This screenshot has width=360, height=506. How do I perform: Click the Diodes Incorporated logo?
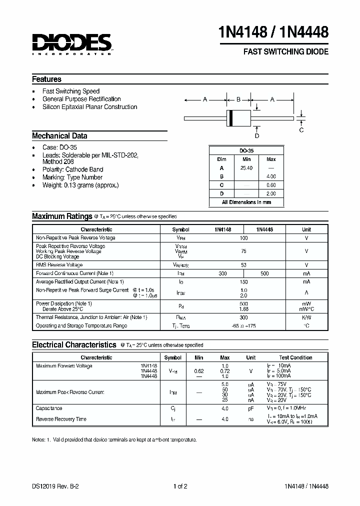tap(72, 44)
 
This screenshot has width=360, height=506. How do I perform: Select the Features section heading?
tap(46, 79)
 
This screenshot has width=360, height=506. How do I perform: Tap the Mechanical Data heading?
tap(59, 135)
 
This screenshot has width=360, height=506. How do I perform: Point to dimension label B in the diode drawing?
tap(238, 99)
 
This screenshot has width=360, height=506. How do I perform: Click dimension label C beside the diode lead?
tap(301, 130)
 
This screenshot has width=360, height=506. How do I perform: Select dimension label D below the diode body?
tap(257, 135)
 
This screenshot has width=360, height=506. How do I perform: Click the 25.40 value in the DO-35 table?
tap(246, 168)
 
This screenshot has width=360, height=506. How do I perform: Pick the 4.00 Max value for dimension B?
tap(271, 176)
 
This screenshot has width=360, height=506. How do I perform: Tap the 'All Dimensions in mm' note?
tap(246, 202)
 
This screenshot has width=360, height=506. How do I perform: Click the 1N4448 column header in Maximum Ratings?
tap(264, 229)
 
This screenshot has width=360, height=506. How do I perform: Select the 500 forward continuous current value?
tap(264, 273)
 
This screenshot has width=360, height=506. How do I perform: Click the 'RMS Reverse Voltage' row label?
tap(59, 264)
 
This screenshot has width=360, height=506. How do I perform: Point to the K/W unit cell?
tap(306, 317)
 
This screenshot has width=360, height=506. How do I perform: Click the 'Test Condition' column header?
tap(295, 357)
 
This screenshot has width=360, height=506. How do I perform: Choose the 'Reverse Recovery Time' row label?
tap(61, 419)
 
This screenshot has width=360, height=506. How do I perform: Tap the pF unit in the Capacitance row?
tap(251, 408)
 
